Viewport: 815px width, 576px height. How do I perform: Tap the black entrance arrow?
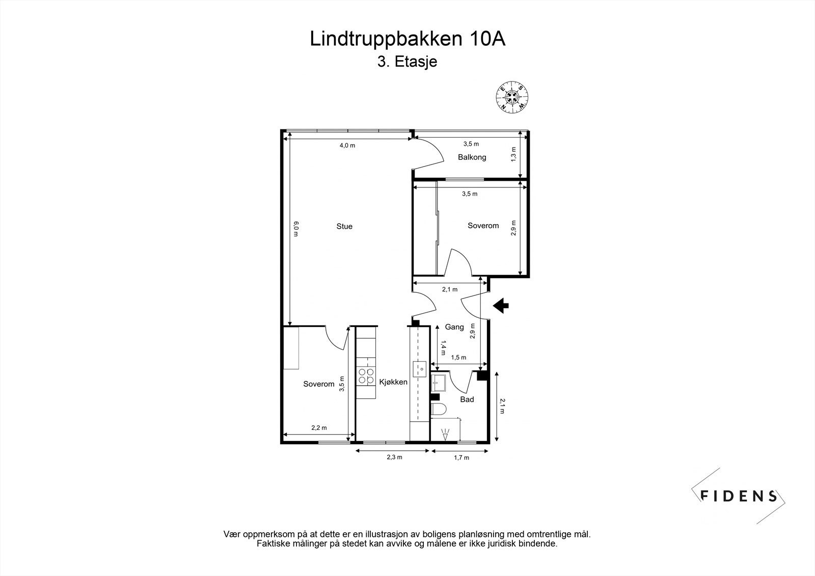[x=501, y=305]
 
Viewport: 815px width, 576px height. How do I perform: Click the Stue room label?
[x=344, y=226]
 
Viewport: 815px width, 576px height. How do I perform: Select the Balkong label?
[x=472, y=157]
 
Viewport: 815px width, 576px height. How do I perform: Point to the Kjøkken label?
[x=394, y=381]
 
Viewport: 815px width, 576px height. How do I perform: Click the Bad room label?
[x=467, y=399]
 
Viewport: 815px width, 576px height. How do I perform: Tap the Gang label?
[x=454, y=327]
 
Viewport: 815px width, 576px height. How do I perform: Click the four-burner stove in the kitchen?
[x=365, y=376]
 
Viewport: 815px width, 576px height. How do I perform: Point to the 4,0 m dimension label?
[x=347, y=146]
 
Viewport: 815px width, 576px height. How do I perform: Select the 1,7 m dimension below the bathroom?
[x=461, y=457]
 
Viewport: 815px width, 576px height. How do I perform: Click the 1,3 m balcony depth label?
[x=513, y=154]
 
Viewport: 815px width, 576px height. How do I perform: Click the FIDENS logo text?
[x=739, y=496]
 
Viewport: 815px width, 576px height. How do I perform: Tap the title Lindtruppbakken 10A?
[x=407, y=39]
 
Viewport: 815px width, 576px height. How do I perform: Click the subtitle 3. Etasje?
[x=407, y=62]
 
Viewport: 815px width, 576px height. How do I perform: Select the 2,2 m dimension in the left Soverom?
[x=319, y=428]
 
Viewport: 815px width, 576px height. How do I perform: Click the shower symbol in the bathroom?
[x=446, y=434]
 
